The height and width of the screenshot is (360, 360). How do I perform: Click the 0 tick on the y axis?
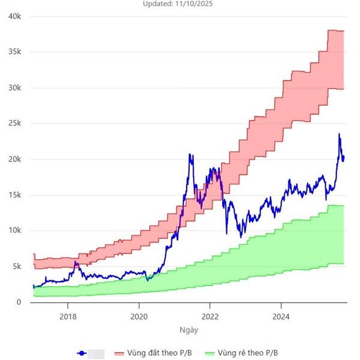[19, 302]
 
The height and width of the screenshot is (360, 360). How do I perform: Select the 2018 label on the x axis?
[68, 316]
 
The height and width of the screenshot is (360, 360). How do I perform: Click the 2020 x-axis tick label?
[139, 316]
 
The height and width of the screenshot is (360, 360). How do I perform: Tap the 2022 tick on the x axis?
[210, 316]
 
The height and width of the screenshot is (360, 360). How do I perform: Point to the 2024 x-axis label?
[281, 316]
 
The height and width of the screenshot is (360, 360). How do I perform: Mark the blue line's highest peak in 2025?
[339, 134]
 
